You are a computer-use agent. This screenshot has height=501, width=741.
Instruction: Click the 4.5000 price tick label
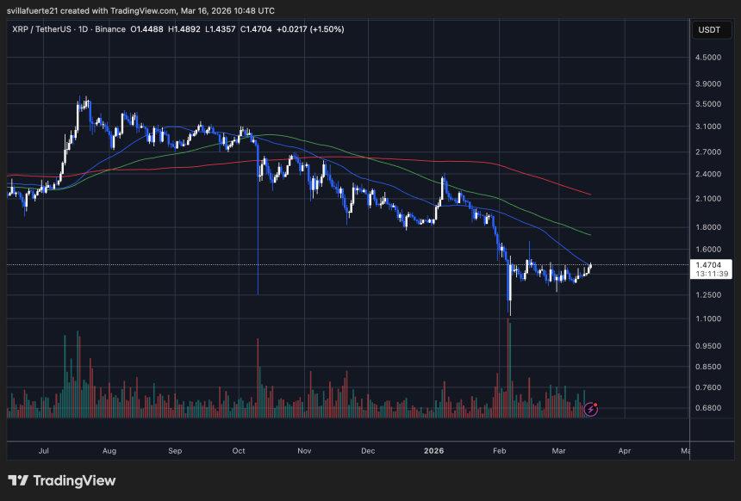point(710,58)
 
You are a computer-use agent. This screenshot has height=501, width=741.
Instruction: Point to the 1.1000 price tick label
point(710,319)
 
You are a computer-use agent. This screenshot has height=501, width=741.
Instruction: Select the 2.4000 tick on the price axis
point(710,174)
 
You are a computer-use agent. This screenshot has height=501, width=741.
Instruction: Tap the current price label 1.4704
point(710,265)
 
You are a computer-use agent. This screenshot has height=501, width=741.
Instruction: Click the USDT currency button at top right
point(710,30)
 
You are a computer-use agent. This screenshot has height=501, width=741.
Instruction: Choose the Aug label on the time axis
point(109,450)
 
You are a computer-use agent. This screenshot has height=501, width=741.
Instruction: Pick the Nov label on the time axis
point(303,450)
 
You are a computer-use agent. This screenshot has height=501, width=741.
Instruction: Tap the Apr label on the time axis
point(625,450)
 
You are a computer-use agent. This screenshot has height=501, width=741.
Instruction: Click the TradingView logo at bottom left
point(62,480)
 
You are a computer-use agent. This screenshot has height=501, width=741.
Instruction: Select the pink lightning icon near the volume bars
point(591,409)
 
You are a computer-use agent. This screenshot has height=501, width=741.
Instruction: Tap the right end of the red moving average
point(589,195)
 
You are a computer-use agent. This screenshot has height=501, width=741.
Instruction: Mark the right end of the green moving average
point(589,234)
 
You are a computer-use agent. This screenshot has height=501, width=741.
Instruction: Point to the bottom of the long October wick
point(258,294)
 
